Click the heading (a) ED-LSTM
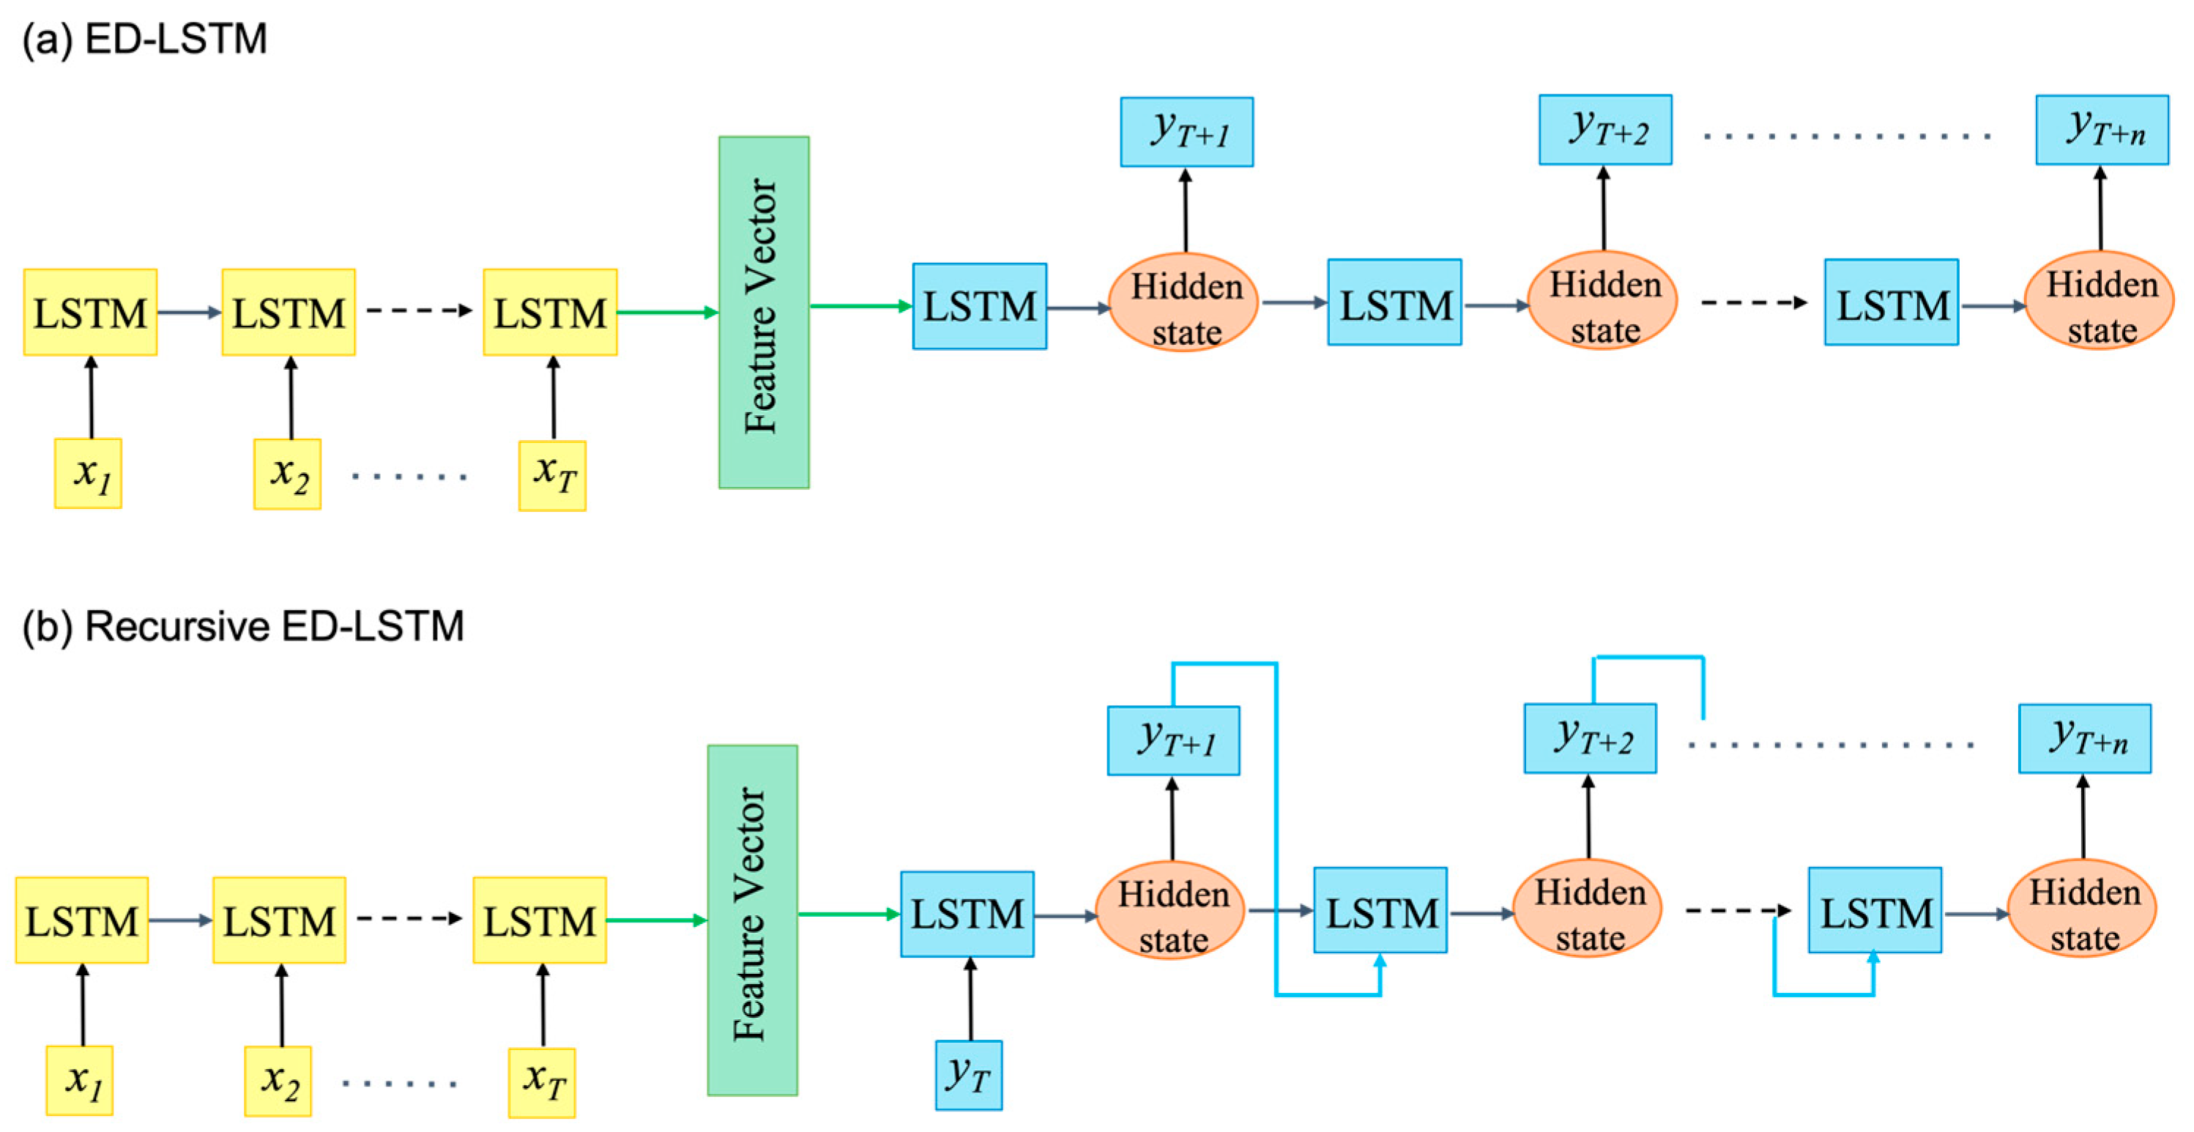pos(145,40)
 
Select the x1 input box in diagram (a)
pos(89,474)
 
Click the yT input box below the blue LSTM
pos(968,1075)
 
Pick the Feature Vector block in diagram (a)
pos(763,312)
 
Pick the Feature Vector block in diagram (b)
pos(752,920)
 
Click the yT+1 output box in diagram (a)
pos(1186,131)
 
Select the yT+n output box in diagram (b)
pos(2084,739)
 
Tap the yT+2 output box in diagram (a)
pos(1604,130)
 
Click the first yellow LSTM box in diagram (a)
pos(90,313)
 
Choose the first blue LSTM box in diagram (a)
pos(980,307)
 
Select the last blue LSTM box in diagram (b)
pos(1875,911)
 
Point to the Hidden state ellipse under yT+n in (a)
pos(2100,302)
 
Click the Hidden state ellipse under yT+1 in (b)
pos(1170,912)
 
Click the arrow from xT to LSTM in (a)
pos(554,398)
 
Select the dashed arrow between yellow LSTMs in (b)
pos(409,918)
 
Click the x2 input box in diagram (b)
pos(278,1081)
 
